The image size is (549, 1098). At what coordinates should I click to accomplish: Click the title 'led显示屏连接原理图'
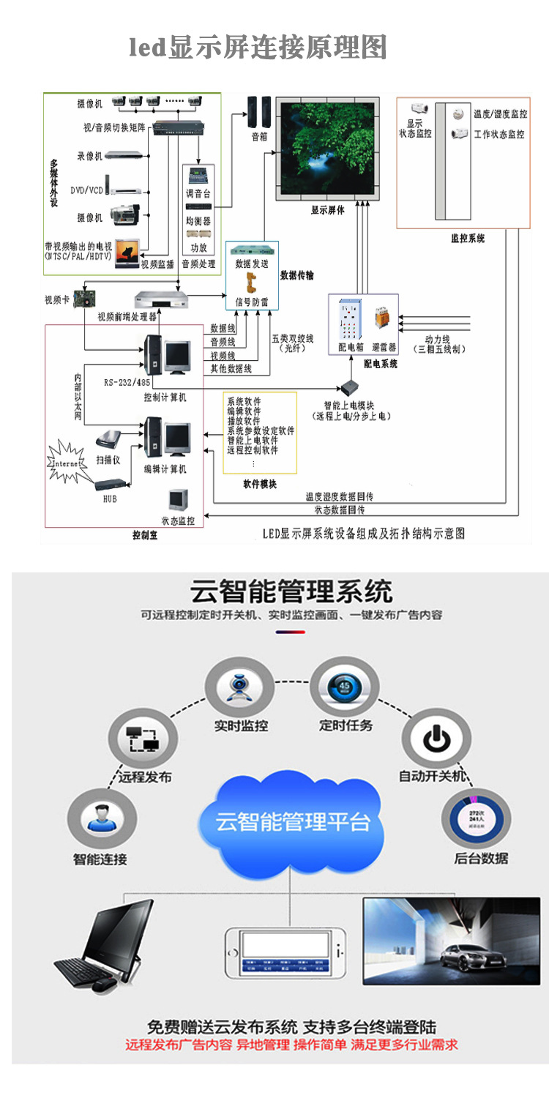click(258, 48)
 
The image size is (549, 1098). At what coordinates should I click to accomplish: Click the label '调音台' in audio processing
click(198, 195)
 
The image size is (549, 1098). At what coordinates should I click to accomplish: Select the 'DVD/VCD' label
click(86, 190)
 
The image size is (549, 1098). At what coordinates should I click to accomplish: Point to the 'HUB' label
click(109, 498)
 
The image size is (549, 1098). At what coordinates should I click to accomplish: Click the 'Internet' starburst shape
click(68, 463)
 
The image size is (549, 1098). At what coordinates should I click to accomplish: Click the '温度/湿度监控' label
click(500, 113)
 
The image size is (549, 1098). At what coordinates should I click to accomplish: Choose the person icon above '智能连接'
click(100, 818)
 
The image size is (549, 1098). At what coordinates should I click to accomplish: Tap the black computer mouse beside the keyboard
click(103, 985)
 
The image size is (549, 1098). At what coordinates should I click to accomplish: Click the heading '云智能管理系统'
click(291, 591)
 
